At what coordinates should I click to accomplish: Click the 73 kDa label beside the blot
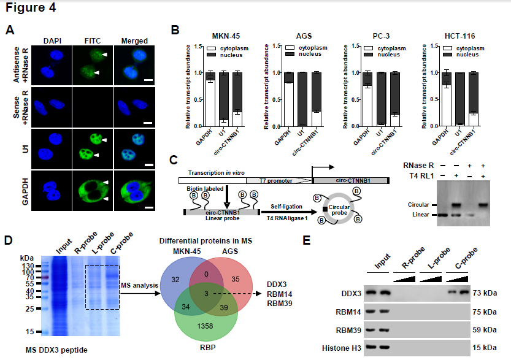(486, 294)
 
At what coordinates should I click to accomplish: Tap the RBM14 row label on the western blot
(348, 313)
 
